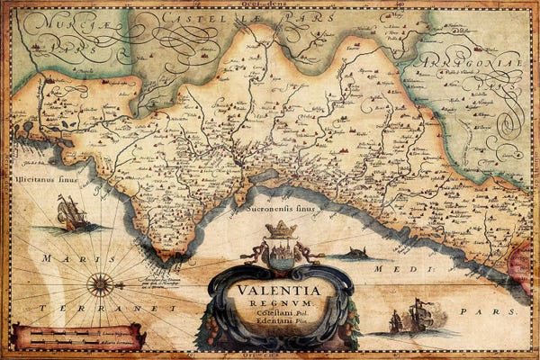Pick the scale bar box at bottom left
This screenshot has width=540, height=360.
(78, 337)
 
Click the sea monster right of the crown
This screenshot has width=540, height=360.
(357, 253)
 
